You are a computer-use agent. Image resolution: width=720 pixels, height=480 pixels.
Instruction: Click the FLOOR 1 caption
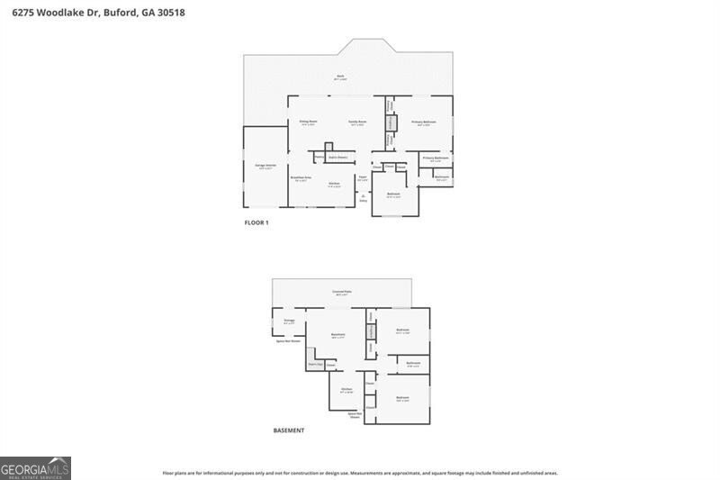256,222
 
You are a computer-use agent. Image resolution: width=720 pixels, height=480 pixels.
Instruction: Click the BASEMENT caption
289,430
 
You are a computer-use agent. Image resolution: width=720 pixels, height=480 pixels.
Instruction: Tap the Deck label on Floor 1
340,77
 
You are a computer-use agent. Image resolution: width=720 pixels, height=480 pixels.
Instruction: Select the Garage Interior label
265,167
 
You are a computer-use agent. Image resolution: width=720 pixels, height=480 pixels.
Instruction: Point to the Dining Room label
309,122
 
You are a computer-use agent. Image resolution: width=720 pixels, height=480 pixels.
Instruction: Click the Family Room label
357,122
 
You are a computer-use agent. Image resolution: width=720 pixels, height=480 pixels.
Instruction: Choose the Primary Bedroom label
424,122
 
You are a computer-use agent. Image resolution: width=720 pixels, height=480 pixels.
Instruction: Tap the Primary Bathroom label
436,158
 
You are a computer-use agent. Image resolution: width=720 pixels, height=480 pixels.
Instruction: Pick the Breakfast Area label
301,177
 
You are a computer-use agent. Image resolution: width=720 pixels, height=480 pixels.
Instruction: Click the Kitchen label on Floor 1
334,184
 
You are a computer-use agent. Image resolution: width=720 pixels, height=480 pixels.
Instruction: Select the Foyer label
362,177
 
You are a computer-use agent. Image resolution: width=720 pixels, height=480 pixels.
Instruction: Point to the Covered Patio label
341,292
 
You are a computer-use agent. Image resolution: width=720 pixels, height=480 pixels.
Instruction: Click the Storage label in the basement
289,320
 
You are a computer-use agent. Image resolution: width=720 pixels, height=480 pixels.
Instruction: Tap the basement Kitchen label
346,389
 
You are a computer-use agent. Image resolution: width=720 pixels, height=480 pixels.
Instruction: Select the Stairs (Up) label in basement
315,364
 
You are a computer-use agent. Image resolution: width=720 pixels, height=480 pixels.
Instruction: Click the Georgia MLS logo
35,468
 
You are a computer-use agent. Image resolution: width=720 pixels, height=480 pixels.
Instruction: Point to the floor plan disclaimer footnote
360,472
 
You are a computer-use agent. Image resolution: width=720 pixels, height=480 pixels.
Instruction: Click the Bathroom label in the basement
414,363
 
